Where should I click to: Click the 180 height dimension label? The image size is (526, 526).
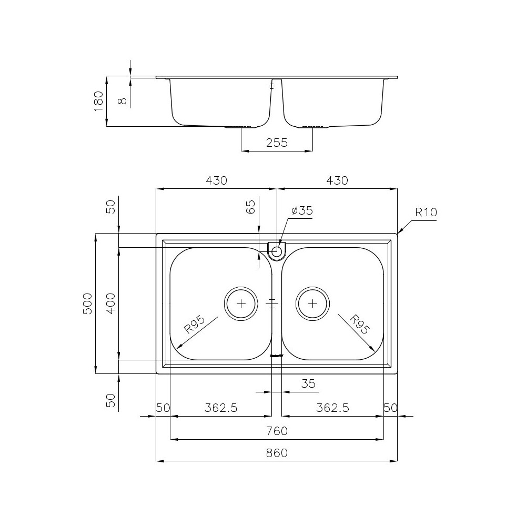98,101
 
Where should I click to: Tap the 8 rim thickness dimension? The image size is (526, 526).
123,100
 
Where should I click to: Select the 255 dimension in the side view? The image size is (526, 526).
277,143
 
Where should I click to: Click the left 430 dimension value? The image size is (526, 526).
216,180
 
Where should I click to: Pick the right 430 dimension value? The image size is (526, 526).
337,180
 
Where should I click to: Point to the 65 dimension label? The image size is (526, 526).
250,207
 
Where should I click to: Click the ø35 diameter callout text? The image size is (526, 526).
302,210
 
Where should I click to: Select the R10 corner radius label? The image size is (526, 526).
426,213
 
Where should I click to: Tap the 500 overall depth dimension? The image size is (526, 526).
88,304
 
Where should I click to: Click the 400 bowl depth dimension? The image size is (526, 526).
111,304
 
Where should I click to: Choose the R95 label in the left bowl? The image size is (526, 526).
194,326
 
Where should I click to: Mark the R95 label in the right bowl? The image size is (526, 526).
360,325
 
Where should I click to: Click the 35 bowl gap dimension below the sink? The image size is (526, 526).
308,384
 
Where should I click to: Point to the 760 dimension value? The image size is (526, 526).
277,431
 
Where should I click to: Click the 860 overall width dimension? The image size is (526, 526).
277,453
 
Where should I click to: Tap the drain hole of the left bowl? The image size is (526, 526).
241,304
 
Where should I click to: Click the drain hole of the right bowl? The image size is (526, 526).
313,304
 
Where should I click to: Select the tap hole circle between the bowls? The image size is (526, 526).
277,251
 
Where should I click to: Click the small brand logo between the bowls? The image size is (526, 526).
276,356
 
